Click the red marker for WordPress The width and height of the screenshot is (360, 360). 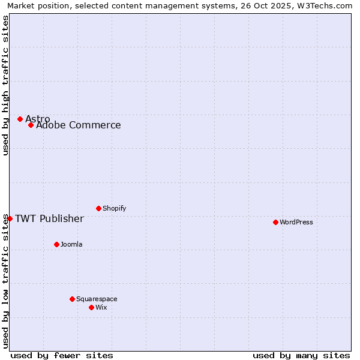point(275,222)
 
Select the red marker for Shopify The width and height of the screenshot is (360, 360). point(98,208)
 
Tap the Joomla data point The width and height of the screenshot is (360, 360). point(56,244)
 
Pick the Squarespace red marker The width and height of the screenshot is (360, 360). point(72,299)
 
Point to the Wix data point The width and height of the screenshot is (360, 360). point(91,307)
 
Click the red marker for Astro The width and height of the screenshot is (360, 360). point(20,119)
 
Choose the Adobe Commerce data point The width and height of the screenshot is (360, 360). point(31,125)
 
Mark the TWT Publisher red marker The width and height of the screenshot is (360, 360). point(10,218)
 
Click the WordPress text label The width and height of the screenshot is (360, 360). point(296,222)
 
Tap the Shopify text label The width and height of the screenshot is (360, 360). point(114,208)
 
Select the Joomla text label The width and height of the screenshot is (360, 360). point(71,244)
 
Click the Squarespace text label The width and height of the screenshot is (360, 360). point(97,299)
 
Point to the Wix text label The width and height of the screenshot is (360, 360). point(101,307)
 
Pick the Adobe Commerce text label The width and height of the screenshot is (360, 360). point(78,125)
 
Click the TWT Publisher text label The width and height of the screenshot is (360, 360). point(49,218)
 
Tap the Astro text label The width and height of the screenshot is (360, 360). point(38,119)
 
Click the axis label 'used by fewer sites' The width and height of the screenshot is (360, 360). point(62,355)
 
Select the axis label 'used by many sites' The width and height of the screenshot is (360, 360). point(301,355)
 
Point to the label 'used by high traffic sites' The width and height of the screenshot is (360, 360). point(6,85)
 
